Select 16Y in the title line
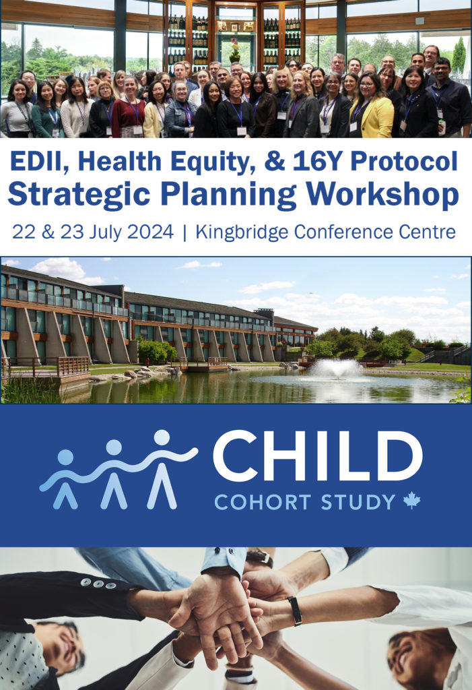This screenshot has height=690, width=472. tap(315, 162)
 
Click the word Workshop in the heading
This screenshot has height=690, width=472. tap(382, 193)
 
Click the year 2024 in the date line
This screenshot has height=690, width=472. tap(149, 232)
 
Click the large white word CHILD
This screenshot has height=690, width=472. tap(318, 456)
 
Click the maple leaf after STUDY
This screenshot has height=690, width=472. tap(411, 501)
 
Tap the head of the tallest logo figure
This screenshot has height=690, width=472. tap(162, 437)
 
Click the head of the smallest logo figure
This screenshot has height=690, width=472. tap(65, 458)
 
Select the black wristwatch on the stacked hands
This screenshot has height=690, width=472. tap(295, 610)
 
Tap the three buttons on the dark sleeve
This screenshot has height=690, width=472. tap(98, 584)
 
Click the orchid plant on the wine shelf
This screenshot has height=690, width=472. tap(235, 50)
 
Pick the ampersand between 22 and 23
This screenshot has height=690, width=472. tap(48, 232)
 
